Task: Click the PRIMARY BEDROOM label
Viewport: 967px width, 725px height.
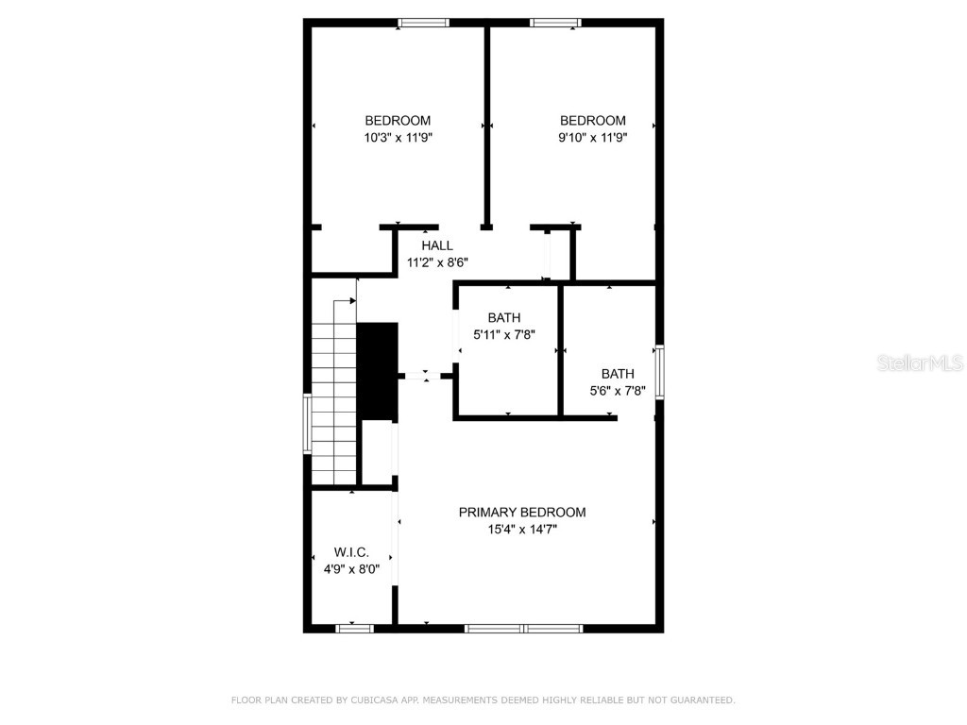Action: coord(521,513)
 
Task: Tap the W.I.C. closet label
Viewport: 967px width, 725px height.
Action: coord(351,552)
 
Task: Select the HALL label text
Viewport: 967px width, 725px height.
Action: coord(437,245)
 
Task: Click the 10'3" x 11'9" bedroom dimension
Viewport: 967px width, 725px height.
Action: coord(398,137)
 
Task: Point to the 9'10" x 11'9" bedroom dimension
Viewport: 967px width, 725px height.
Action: coord(592,137)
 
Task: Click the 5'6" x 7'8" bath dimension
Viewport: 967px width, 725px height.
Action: coord(618,390)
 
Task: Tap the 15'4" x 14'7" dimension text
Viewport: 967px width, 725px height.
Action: coord(521,530)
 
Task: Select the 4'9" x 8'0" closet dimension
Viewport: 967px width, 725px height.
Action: coord(351,569)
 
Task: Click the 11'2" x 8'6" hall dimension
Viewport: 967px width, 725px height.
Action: coord(437,262)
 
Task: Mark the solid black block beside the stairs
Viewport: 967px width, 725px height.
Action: coord(378,371)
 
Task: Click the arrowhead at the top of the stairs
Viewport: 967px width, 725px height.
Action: coord(354,300)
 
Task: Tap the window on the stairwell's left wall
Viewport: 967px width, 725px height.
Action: coord(307,424)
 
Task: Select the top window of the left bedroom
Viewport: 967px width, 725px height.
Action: coord(423,23)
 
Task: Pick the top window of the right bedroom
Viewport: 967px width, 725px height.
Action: coord(554,23)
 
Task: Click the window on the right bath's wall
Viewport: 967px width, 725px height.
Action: coord(659,372)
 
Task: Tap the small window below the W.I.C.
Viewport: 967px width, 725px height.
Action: coord(355,628)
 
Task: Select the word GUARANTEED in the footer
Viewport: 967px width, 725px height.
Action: coord(702,700)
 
